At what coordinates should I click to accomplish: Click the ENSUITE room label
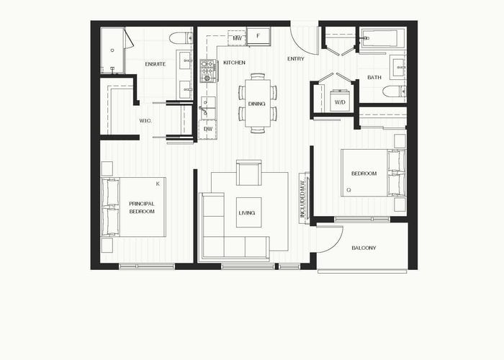click(156, 64)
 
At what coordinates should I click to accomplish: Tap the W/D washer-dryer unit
click(340, 100)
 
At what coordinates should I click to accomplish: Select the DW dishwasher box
click(208, 129)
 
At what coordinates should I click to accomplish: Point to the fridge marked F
click(258, 36)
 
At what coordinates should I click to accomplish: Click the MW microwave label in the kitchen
click(237, 38)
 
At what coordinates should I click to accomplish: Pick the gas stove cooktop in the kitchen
click(209, 71)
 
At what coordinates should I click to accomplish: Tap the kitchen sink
click(207, 107)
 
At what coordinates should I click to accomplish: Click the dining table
click(258, 103)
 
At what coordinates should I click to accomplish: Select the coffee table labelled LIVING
click(248, 212)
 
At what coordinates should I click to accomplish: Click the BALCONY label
click(364, 248)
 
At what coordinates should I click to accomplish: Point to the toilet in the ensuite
click(181, 38)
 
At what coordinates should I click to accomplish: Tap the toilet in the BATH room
click(394, 91)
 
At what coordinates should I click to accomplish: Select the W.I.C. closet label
click(145, 121)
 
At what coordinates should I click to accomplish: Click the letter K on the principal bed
click(158, 184)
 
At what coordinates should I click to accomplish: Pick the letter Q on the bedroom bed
click(348, 190)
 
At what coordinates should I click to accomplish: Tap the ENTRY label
click(296, 59)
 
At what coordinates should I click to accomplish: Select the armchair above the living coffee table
click(249, 173)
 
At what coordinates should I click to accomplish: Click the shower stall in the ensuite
click(112, 50)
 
